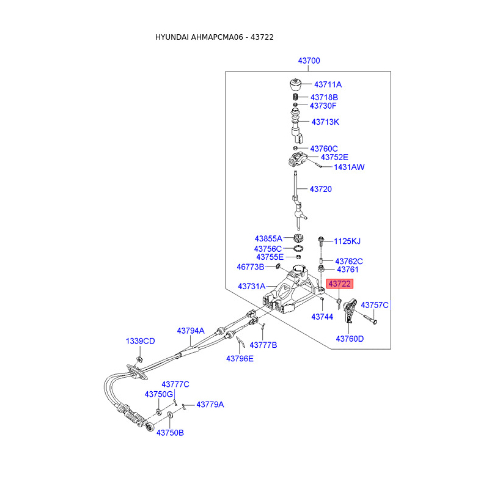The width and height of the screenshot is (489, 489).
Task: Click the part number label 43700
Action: pyautogui.click(x=309, y=61)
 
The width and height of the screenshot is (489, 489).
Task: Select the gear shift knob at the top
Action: pyautogui.click(x=296, y=85)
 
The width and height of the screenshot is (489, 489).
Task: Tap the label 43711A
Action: pyautogui.click(x=328, y=85)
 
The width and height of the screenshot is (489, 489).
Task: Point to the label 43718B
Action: pyautogui.click(x=324, y=97)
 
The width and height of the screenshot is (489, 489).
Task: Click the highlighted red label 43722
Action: pyautogui.click(x=340, y=284)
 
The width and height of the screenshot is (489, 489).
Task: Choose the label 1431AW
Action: pyautogui.click(x=349, y=167)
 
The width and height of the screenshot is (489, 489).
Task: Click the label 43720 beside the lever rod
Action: pyautogui.click(x=320, y=189)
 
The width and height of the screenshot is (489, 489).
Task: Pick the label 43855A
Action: pyautogui.click(x=268, y=238)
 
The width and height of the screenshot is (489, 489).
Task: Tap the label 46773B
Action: pyautogui.click(x=251, y=267)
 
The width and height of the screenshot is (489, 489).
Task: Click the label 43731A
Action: pyautogui.click(x=252, y=286)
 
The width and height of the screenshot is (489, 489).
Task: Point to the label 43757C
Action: pyautogui.click(x=375, y=304)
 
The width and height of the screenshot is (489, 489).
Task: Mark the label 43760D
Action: pyautogui.click(x=350, y=339)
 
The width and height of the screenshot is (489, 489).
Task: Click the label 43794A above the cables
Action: pyautogui.click(x=191, y=331)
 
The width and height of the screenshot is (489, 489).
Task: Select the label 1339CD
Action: pyautogui.click(x=141, y=341)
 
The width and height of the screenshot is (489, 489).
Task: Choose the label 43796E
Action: pyautogui.click(x=240, y=359)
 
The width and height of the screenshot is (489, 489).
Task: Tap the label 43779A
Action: pyautogui.click(x=210, y=405)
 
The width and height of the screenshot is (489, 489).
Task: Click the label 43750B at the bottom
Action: pyautogui.click(x=170, y=433)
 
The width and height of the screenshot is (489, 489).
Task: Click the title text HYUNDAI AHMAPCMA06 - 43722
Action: pyautogui.click(x=214, y=37)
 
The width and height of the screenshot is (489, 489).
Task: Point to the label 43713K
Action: pyautogui.click(x=325, y=122)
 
